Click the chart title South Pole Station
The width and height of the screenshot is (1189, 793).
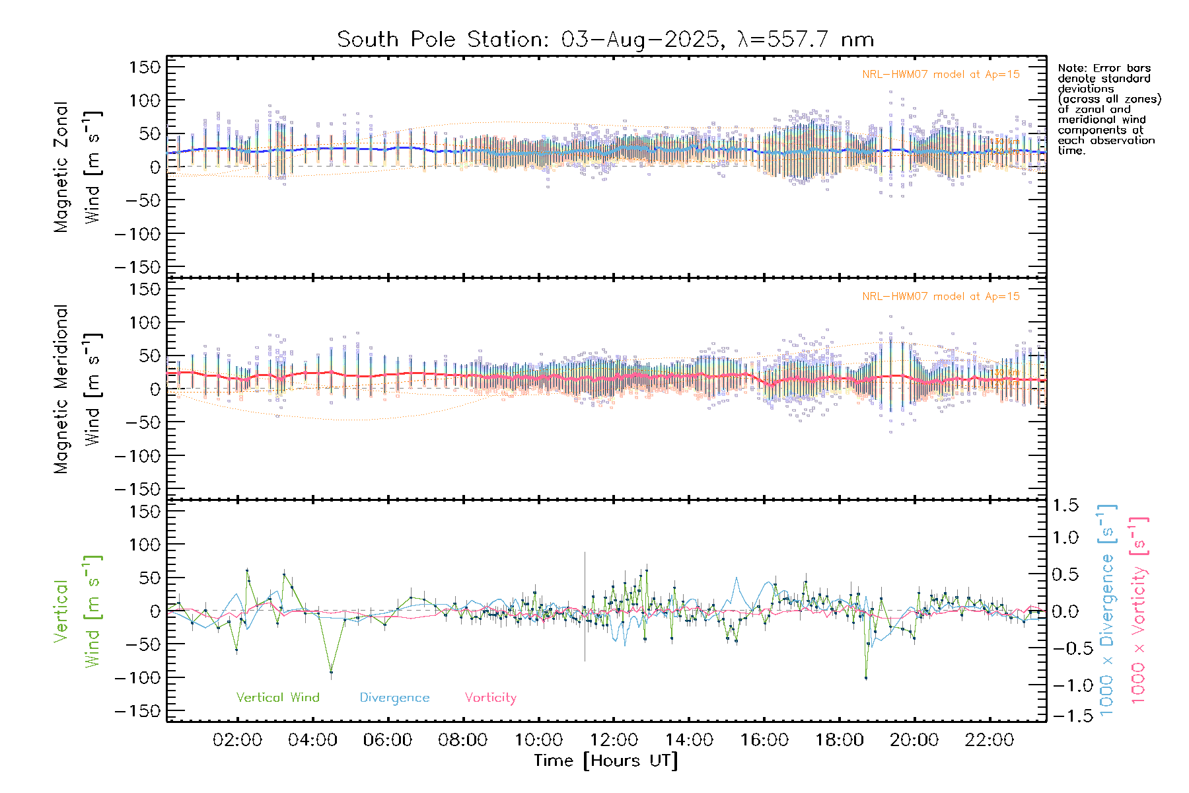coord(605,40)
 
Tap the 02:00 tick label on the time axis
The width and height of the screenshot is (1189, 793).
coord(237,740)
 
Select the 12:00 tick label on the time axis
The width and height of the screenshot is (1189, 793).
coord(614,740)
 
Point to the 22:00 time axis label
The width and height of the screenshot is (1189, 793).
coord(990,740)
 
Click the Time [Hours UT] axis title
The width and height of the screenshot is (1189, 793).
coord(606,761)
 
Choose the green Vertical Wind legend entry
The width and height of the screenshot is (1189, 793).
coord(277,698)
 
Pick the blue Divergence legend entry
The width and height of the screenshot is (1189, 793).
coord(394,698)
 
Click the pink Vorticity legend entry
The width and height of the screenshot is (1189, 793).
coord(490,698)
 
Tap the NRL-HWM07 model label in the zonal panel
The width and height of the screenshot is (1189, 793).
coord(941,75)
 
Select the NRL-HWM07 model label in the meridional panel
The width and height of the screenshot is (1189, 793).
coord(941,297)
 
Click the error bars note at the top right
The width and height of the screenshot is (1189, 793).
coord(1108,109)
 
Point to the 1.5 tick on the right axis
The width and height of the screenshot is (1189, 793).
coord(1065,506)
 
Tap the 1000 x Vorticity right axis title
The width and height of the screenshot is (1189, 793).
coord(1139,611)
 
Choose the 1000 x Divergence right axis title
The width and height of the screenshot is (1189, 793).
coord(1107,611)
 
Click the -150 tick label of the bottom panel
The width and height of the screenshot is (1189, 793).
coord(138,712)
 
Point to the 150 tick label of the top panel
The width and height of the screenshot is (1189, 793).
coord(145,67)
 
